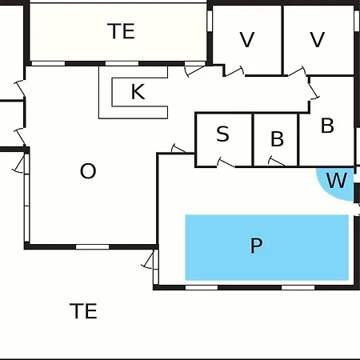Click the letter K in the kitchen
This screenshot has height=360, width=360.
(138, 92)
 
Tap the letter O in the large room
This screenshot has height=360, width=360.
(88, 171)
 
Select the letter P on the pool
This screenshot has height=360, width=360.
(256, 246)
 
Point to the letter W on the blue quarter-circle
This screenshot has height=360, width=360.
(337, 181)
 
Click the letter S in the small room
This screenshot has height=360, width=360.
(222, 134)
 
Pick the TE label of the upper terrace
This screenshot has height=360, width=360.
(121, 31)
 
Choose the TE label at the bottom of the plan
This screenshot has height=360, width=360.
(83, 311)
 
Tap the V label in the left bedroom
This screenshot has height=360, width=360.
(247, 39)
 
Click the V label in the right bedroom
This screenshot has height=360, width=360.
(318, 39)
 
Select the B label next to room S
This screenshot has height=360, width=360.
(277, 138)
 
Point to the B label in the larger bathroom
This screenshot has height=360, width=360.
(327, 126)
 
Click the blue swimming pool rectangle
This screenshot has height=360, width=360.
(267, 247)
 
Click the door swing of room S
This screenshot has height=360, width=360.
(226, 162)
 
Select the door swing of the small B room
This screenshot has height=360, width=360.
(277, 161)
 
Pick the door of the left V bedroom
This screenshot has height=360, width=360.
(234, 71)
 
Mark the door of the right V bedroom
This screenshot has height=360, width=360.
(297, 71)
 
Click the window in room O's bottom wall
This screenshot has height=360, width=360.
(93, 246)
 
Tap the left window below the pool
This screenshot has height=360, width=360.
(202, 287)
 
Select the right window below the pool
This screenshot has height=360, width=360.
(298, 287)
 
